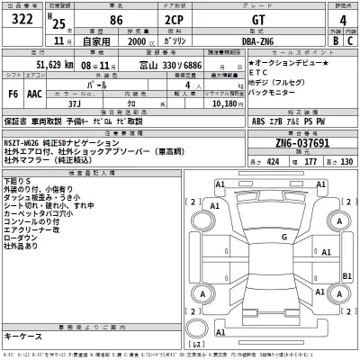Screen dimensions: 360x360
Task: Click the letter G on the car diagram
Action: pos(283,238)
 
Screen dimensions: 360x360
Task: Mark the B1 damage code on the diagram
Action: pos(346,276)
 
